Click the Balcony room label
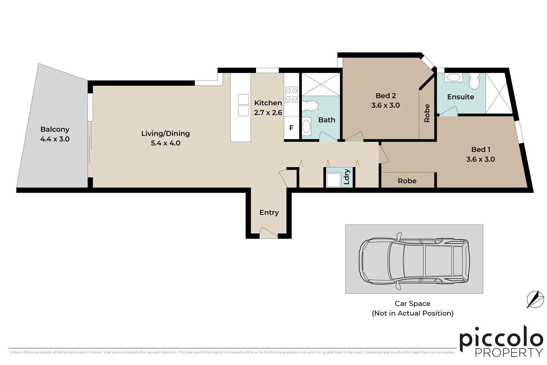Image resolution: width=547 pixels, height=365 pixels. pyautogui.click(x=55, y=129)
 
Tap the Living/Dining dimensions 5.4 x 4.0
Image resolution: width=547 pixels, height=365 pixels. pyautogui.click(x=166, y=143)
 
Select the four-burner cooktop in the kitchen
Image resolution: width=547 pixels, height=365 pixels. pyautogui.click(x=291, y=94)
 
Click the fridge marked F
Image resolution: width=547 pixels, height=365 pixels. pyautogui.click(x=291, y=128)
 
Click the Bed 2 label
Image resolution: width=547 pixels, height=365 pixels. pyautogui.click(x=385, y=96)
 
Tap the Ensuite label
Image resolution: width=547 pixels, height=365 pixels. pyautogui.click(x=461, y=97)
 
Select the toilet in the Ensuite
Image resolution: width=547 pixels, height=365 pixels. pyautogui.click(x=474, y=81)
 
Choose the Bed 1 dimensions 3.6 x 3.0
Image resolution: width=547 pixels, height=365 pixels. pyautogui.click(x=480, y=159)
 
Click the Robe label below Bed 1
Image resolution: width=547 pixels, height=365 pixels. pyautogui.click(x=407, y=181)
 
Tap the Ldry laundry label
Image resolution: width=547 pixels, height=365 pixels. pyautogui.click(x=347, y=177)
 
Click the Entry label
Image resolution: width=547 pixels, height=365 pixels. pyautogui.click(x=269, y=212)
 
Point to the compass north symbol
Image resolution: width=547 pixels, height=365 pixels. pyautogui.click(x=535, y=299)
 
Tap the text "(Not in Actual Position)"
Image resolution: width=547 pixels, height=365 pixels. pyautogui.click(x=412, y=313)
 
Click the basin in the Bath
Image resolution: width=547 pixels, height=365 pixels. pyautogui.click(x=307, y=127)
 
